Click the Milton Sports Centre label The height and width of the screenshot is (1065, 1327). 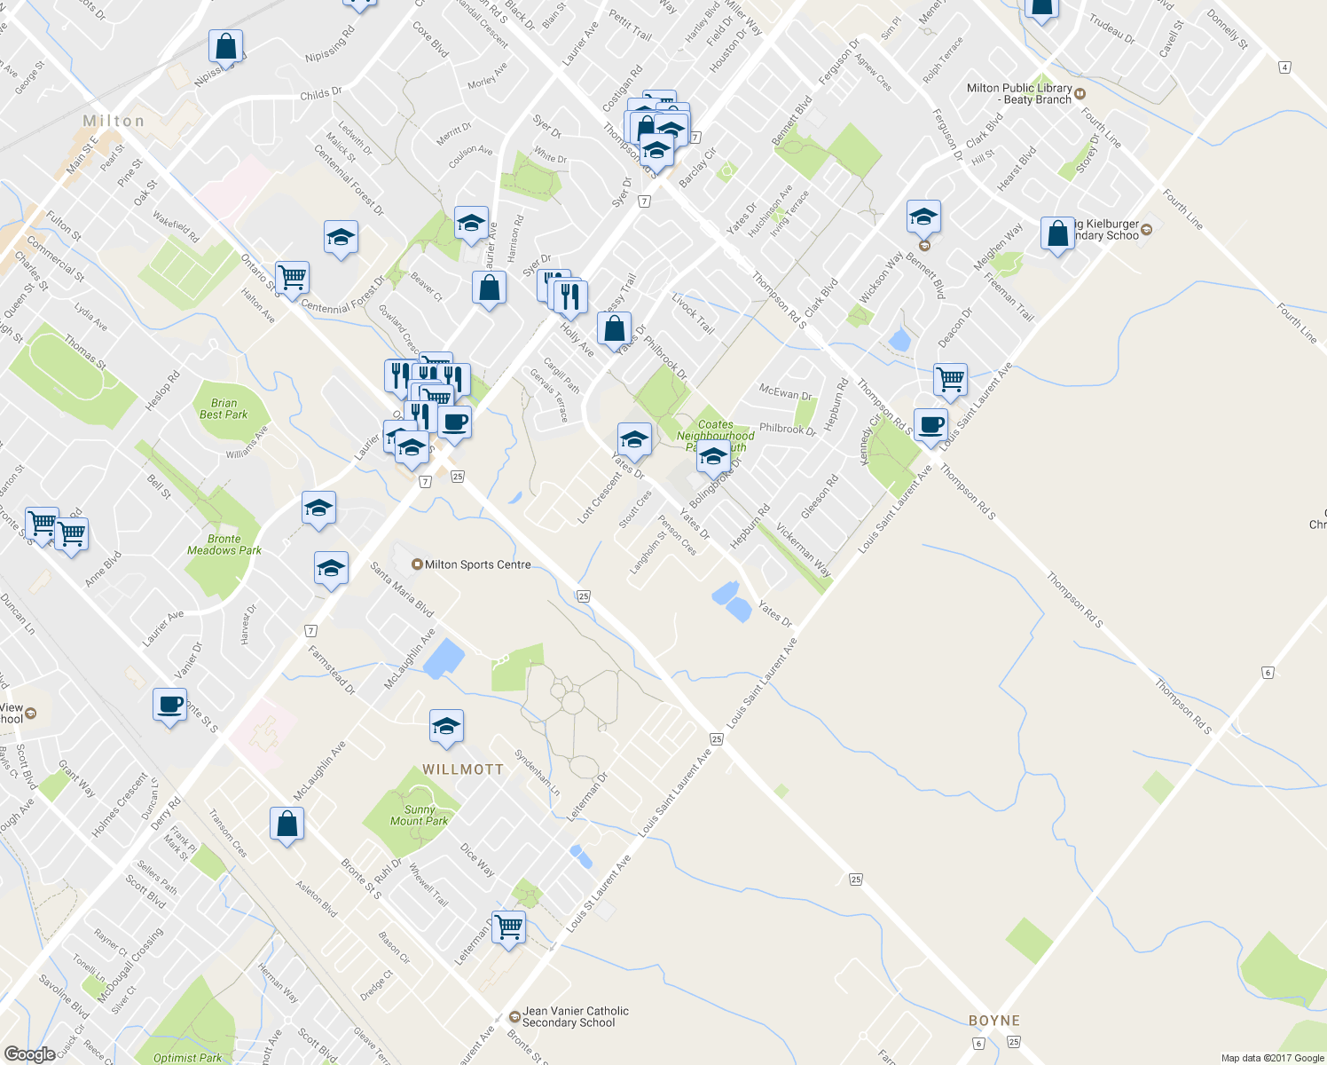pos(477,564)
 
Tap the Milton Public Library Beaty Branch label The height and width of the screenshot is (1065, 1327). pos(1019,94)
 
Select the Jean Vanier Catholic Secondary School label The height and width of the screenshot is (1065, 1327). pos(575,1017)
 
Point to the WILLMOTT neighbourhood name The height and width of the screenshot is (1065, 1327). pos(463,769)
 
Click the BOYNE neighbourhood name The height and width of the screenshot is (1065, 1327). pos(994,1021)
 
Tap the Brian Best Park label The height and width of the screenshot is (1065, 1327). pos(224,409)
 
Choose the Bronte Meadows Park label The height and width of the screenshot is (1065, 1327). pos(224,545)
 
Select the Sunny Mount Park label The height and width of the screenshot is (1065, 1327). pos(419,816)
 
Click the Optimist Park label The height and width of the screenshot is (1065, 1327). pos(187,1058)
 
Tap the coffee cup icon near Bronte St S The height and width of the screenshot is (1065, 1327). pos(169,706)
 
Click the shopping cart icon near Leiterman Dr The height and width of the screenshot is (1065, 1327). pos(509,927)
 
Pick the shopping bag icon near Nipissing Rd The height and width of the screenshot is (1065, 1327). pos(226,46)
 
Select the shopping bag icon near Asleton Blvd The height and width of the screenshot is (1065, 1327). pos(287,824)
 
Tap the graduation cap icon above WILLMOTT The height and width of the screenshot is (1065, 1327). pos(446,727)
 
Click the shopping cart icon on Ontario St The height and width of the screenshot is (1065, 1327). pos(292,277)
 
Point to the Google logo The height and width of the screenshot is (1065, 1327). pos(29,1054)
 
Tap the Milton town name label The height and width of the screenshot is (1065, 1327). pos(114,121)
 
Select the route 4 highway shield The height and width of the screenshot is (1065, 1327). pos(1284,67)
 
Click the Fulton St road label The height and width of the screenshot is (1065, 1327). pos(63,225)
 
